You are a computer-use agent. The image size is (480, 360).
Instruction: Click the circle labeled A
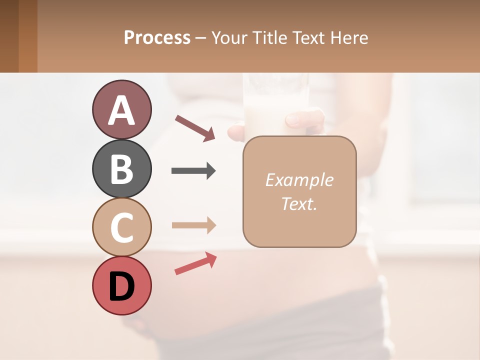pyautogui.click(x=121, y=109)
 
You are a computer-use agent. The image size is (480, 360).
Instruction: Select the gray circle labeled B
pyautogui.click(x=121, y=168)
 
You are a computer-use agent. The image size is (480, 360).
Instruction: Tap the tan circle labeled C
pyautogui.click(x=121, y=227)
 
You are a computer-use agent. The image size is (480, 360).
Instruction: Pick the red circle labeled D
pyautogui.click(x=121, y=285)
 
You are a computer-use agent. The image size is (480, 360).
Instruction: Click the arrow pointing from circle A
pyautogui.click(x=195, y=128)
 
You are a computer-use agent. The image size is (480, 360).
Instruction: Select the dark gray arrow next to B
pyautogui.click(x=193, y=171)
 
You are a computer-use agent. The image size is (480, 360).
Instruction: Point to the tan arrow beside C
pyautogui.click(x=193, y=225)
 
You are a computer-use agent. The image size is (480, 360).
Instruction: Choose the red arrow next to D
pyautogui.click(x=195, y=263)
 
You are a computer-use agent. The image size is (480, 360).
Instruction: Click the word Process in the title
pyautogui.click(x=157, y=38)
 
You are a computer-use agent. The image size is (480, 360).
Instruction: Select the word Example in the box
pyautogui.click(x=299, y=180)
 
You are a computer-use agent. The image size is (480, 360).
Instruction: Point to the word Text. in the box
pyautogui.click(x=299, y=203)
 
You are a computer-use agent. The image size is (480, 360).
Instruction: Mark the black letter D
pyautogui.click(x=121, y=286)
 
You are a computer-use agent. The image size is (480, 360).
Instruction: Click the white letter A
pyautogui.click(x=121, y=110)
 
